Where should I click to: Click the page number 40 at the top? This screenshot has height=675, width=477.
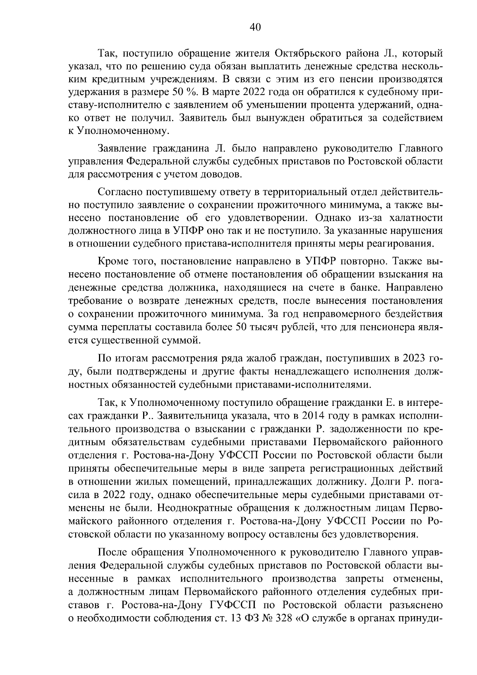[255, 27]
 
